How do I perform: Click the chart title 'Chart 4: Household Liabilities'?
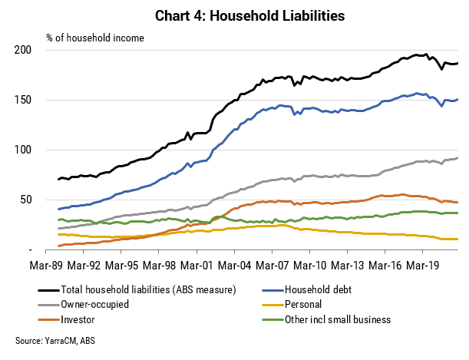(x=249, y=16)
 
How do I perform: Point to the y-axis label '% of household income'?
(x=95, y=38)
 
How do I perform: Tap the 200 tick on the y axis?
(x=23, y=50)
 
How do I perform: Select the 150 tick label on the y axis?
(x=23, y=100)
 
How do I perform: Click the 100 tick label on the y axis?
(x=23, y=150)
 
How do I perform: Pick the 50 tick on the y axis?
(x=26, y=200)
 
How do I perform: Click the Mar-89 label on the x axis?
(x=46, y=266)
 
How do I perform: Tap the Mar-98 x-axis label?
(x=159, y=266)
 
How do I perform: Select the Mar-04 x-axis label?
(x=235, y=266)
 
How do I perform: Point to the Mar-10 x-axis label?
(x=310, y=266)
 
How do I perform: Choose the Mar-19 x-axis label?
(x=422, y=266)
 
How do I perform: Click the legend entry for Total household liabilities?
(x=137, y=289)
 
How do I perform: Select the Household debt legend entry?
(x=306, y=289)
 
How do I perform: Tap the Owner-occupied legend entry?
(x=84, y=305)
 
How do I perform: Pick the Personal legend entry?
(x=292, y=305)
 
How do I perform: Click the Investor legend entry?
(x=67, y=319)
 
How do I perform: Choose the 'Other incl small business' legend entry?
(x=326, y=319)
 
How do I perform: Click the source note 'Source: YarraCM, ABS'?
(x=55, y=341)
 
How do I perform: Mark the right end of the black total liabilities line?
(x=457, y=63)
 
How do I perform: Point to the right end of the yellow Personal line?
(x=457, y=239)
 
